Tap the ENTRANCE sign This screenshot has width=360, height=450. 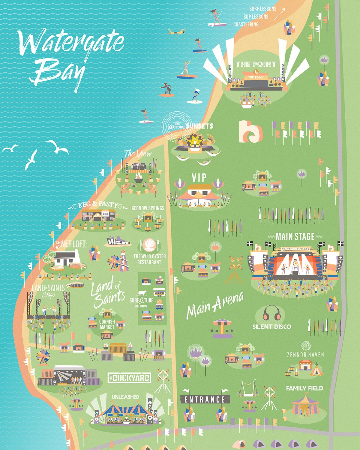[205, 399]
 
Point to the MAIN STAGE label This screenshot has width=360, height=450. [295, 236]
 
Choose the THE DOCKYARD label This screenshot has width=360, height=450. [129, 378]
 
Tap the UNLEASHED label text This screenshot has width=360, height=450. [125, 397]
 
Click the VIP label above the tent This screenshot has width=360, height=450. [199, 177]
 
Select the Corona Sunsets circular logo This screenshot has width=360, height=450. [173, 127]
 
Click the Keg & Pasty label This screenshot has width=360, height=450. [97, 205]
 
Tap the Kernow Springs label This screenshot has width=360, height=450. [148, 208]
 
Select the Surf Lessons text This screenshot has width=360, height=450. [263, 9]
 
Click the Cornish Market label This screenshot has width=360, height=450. [107, 324]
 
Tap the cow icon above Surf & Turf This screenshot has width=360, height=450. [143, 293]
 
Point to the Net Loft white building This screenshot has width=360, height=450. [67, 258]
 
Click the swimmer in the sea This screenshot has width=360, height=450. [175, 31]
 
